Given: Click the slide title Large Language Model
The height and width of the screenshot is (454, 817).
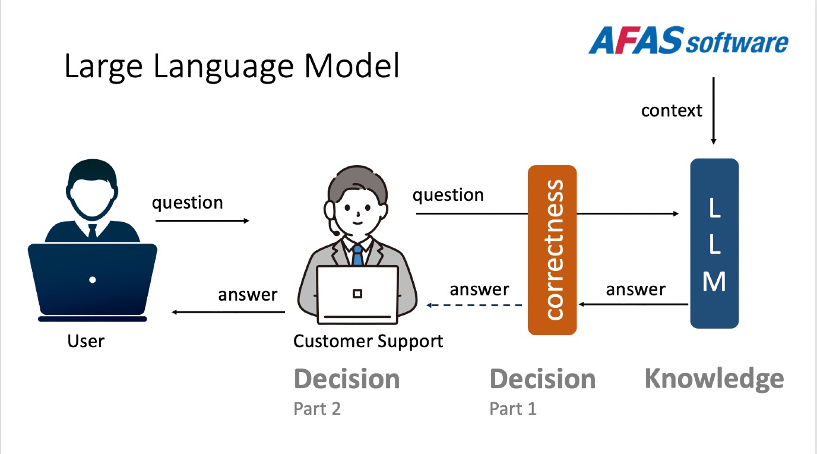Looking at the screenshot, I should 232,67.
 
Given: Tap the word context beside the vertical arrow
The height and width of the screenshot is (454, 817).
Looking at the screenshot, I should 672,111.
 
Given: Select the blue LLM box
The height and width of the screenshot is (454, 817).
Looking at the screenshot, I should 714,244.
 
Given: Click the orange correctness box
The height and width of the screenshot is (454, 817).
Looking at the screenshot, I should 552,250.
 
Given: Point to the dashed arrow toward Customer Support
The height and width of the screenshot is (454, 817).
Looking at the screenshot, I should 475,305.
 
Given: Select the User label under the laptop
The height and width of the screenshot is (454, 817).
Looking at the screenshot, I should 85,341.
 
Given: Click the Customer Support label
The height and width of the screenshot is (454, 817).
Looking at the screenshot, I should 368,341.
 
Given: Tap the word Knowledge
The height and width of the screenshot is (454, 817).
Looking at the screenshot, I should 714,379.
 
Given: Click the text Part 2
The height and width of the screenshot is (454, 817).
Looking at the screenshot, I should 317,409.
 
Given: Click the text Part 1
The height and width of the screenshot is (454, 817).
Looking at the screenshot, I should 513,409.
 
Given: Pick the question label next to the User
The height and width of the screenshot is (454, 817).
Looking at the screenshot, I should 188,203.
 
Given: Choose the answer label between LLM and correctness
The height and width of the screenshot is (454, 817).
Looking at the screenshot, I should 635,289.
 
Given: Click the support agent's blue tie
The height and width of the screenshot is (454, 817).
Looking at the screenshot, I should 357,256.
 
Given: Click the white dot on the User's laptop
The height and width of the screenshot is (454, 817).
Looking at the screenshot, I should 93,279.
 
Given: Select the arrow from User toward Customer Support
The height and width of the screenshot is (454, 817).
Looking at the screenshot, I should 202,220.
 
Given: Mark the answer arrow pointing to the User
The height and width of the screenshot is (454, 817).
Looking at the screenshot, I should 229,313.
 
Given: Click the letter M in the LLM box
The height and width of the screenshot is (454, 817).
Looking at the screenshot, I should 714,282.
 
